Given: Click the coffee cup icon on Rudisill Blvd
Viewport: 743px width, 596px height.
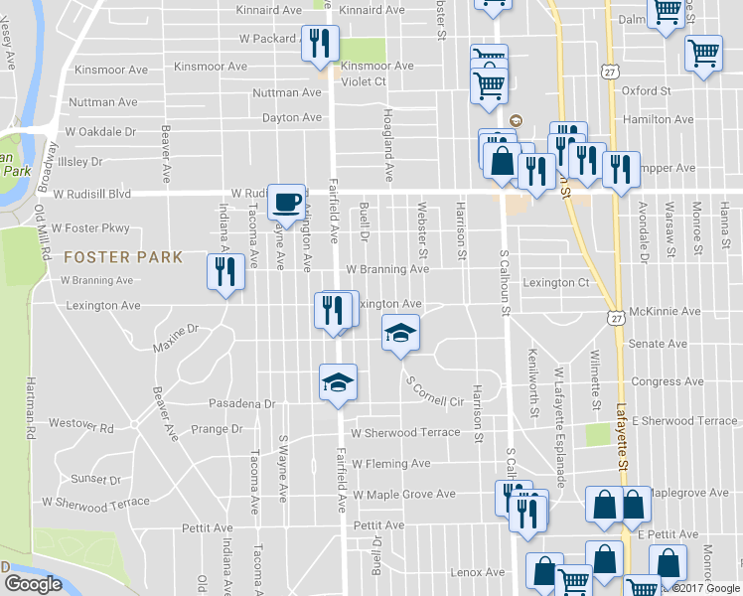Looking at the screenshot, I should (x=286, y=201).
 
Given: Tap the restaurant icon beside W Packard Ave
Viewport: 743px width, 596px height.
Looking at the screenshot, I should (x=320, y=43).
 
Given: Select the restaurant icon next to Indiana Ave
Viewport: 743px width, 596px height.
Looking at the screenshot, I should (x=224, y=271).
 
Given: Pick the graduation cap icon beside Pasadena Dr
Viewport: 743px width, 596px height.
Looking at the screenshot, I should (x=338, y=381).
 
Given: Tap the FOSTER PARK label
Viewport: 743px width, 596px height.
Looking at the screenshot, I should (x=122, y=257).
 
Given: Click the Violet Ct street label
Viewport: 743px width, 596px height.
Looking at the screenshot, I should (x=365, y=81).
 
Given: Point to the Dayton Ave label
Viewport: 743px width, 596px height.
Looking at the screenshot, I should (x=292, y=117).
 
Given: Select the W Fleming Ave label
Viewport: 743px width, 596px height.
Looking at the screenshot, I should (x=390, y=463).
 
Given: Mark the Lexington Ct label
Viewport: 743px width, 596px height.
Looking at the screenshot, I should (x=556, y=283).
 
